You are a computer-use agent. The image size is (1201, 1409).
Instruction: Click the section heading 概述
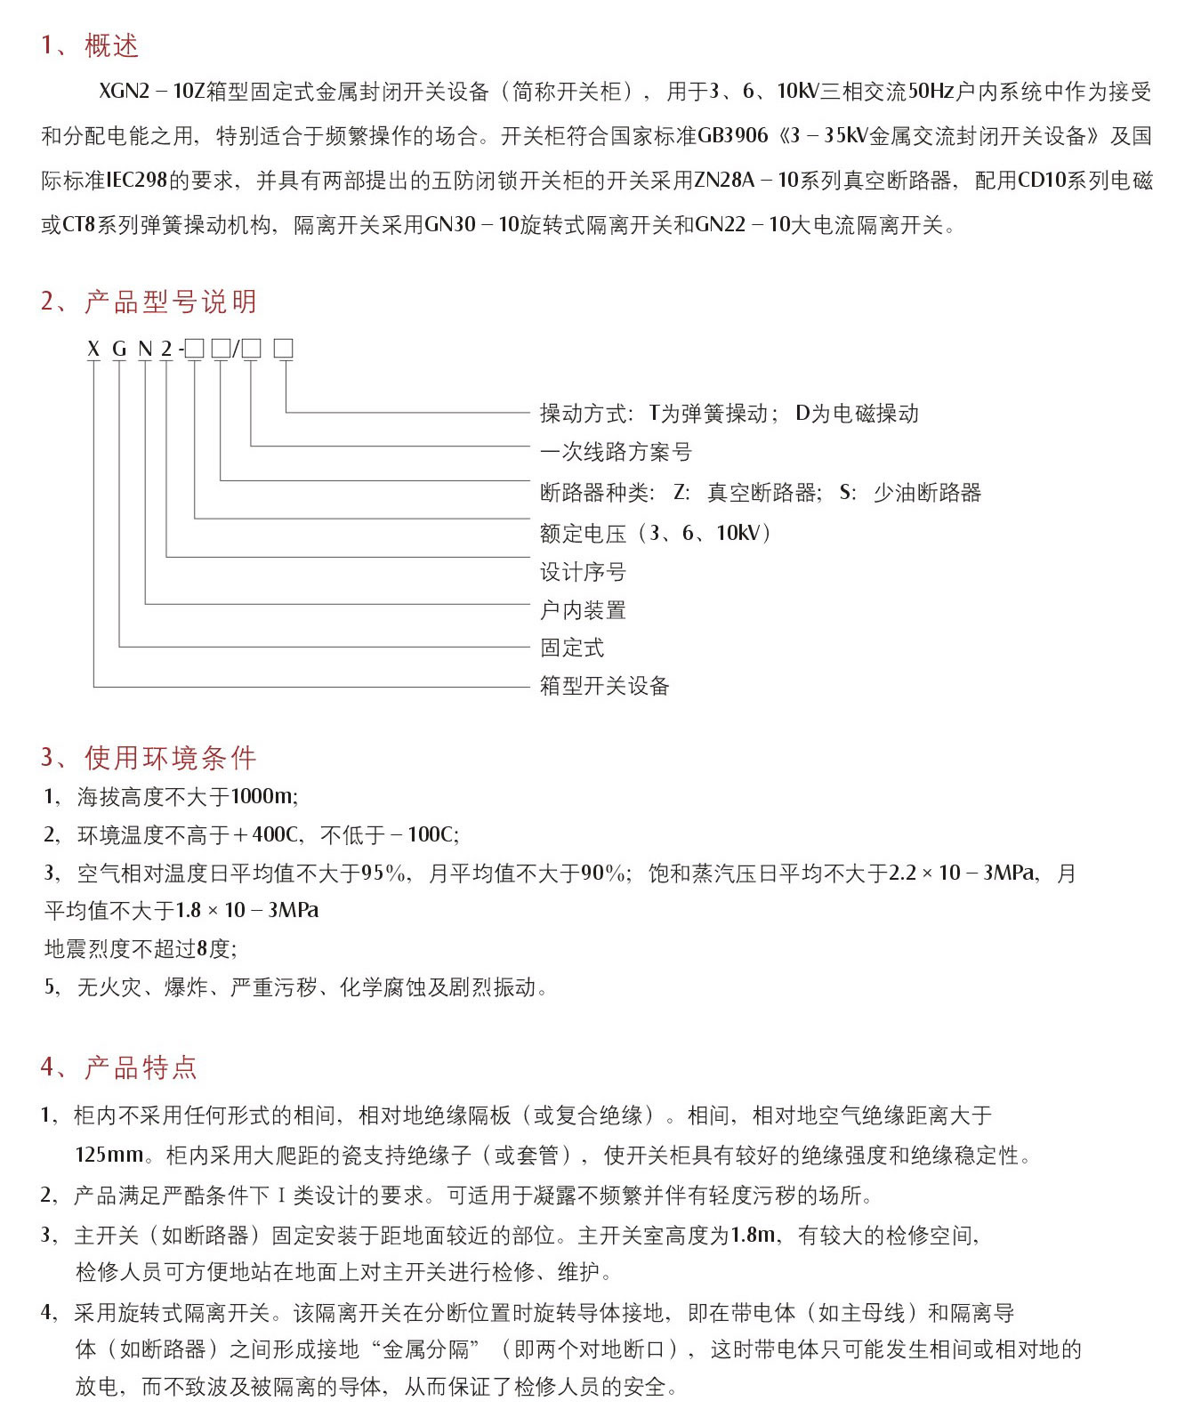[x=111, y=45]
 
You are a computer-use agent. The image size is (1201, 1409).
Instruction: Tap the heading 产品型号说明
[x=170, y=302]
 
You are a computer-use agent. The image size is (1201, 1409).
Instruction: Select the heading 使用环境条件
[x=170, y=758]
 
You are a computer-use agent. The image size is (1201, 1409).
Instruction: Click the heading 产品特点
[x=141, y=1067]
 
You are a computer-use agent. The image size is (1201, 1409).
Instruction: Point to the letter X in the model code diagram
[x=93, y=350]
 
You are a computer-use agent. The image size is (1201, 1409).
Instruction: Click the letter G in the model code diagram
[x=119, y=350]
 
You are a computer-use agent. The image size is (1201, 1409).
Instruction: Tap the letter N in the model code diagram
[x=145, y=350]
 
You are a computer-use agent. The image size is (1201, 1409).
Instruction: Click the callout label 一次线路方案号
[x=616, y=452]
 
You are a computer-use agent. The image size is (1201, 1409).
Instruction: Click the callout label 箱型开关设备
[x=604, y=686]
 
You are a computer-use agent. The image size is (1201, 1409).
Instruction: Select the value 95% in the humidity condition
[x=385, y=874]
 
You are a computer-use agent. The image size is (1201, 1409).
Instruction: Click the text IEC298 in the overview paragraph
[x=137, y=181]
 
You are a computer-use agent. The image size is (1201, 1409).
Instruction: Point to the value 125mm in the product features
[x=109, y=1155]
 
